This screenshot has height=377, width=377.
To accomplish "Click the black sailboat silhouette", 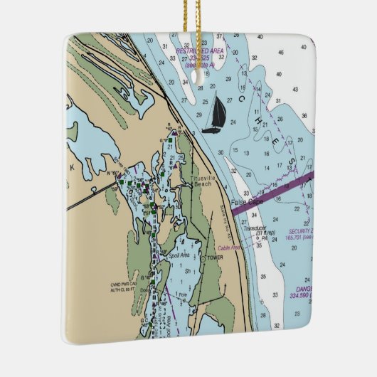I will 213,116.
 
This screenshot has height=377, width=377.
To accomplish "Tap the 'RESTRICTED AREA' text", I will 201,52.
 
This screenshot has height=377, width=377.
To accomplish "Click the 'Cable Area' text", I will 230,248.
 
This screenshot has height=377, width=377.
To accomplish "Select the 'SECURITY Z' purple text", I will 301,231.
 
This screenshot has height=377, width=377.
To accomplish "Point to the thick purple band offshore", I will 285,186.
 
